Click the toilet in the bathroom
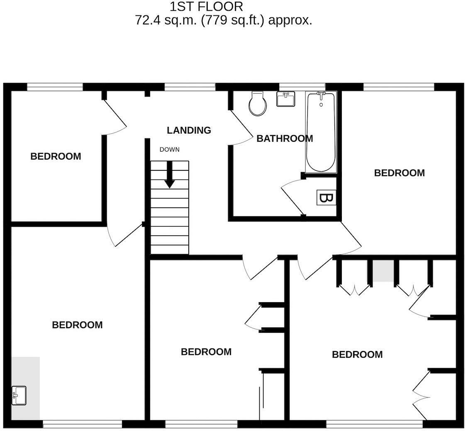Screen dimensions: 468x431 258,104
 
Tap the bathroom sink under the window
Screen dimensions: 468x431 285,99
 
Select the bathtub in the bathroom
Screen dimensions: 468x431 321,132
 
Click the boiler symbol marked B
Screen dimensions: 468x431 326,198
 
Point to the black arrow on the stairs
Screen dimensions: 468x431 170,174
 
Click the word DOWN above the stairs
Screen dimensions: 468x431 170,150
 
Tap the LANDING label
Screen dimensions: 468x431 189,130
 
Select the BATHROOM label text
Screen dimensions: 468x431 285,138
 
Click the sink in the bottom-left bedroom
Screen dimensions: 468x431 19,395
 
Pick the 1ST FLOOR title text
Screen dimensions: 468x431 206,6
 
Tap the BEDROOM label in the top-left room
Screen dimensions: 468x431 56,156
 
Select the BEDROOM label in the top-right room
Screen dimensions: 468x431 400,173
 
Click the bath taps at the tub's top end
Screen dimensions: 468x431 321,96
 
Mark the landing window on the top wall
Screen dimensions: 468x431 190,87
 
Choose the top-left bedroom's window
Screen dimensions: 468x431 55,87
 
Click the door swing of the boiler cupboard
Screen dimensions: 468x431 291,197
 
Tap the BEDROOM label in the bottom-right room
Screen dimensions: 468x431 357,354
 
